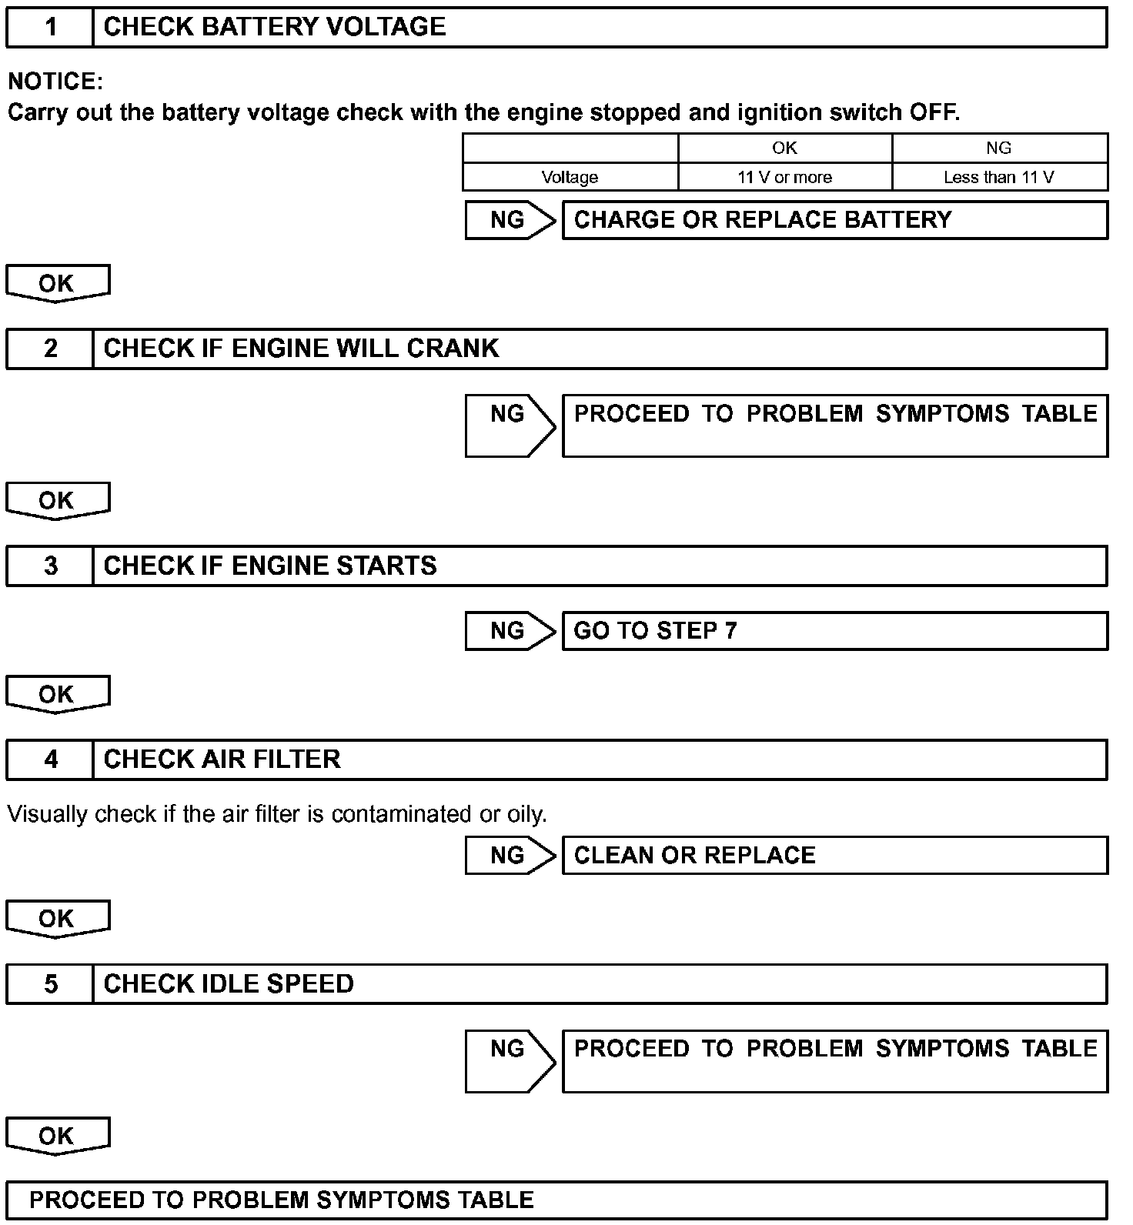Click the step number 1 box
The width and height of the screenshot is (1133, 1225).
[50, 28]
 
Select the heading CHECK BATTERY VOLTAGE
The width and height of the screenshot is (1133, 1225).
[274, 28]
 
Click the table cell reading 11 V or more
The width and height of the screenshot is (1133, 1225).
[784, 178]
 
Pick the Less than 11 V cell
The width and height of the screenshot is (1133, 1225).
[998, 178]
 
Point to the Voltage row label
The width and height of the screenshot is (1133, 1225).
[570, 178]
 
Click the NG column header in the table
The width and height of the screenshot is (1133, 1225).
[998, 149]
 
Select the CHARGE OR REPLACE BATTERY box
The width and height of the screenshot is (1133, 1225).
[834, 221]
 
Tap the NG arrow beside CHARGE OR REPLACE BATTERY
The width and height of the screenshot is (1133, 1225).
[509, 221]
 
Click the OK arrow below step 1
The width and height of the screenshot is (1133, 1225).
[57, 283]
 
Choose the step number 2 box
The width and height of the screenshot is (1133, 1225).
[50, 349]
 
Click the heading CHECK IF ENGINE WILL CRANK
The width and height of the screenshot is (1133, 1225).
[301, 349]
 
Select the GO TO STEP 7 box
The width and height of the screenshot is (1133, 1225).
[834, 631]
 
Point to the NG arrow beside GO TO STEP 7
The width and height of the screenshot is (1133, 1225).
[509, 631]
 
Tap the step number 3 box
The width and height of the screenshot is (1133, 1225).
[50, 566]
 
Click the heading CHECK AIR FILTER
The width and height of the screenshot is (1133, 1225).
[222, 759]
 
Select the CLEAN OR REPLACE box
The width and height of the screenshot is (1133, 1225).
[834, 856]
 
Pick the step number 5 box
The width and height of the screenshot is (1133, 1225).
[50, 984]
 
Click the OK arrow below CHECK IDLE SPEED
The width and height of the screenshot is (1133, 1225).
[57, 1136]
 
